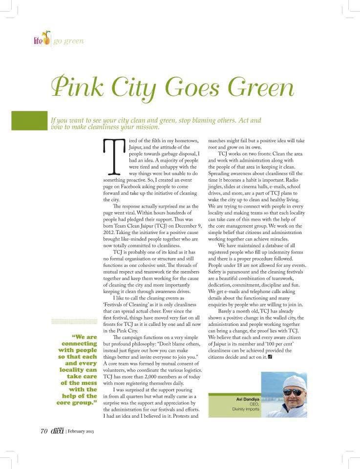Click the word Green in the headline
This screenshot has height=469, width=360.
click(x=261, y=87)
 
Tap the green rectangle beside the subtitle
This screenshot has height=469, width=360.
click(x=29, y=121)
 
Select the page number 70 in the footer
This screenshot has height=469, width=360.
click(x=43, y=431)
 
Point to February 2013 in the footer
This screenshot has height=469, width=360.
click(x=81, y=432)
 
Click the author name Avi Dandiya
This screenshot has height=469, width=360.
click(x=247, y=399)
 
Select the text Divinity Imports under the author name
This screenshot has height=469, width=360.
click(x=246, y=409)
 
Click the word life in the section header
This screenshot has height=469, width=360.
click(x=38, y=41)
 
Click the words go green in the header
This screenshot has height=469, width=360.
click(x=68, y=41)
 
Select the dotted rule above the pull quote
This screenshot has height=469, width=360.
click(x=74, y=321)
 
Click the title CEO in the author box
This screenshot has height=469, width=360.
click(x=254, y=404)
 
